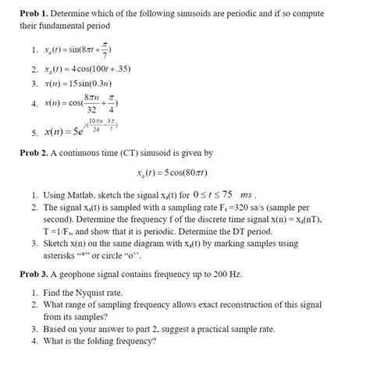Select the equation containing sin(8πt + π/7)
pos(87,51)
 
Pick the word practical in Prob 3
pos(233,329)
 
